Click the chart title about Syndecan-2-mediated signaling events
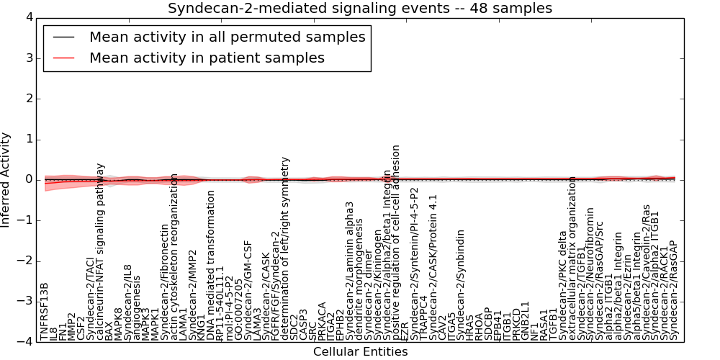pyautogui.click(x=359, y=9)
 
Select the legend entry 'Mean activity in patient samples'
pyautogui.click(x=207, y=58)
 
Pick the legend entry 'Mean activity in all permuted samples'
pyautogui.click(x=227, y=37)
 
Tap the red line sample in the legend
pyautogui.click(x=63, y=58)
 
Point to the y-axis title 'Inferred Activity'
pyautogui.click(x=6, y=180)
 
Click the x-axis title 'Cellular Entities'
pyautogui.click(x=360, y=352)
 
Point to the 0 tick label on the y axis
pyautogui.click(x=28, y=180)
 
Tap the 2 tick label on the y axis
pyautogui.click(x=28, y=99)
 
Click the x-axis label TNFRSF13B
pyautogui.click(x=45, y=310)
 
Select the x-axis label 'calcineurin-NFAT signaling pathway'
pyautogui.click(x=101, y=251)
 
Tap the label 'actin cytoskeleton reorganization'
pyautogui.click(x=174, y=256)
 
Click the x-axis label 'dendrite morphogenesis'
pyautogui.click(x=359, y=274)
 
